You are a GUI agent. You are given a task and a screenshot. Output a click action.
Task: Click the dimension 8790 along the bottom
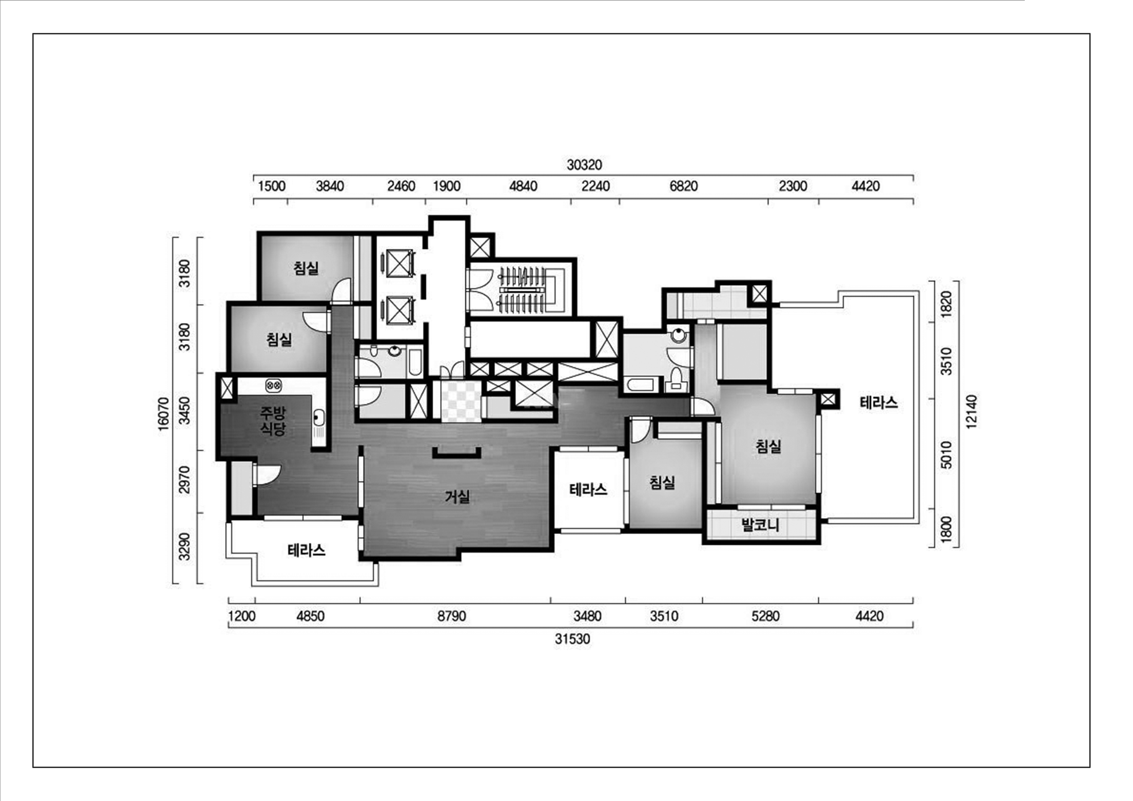coord(452,617)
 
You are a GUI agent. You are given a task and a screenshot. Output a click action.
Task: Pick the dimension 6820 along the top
coord(684,186)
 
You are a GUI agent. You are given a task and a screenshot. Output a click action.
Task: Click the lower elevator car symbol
coord(399,310)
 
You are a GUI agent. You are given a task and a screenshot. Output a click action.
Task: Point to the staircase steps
coord(523,290)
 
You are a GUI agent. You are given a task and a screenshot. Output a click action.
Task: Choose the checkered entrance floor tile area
coord(461,401)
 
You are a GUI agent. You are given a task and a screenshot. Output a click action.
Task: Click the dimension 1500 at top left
coord(272,186)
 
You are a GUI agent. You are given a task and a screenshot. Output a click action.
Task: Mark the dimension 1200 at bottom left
coord(242,617)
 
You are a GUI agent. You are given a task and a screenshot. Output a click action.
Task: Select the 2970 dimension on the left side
coord(184,480)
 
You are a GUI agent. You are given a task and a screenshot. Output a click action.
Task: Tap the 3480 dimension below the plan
coord(587,617)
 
